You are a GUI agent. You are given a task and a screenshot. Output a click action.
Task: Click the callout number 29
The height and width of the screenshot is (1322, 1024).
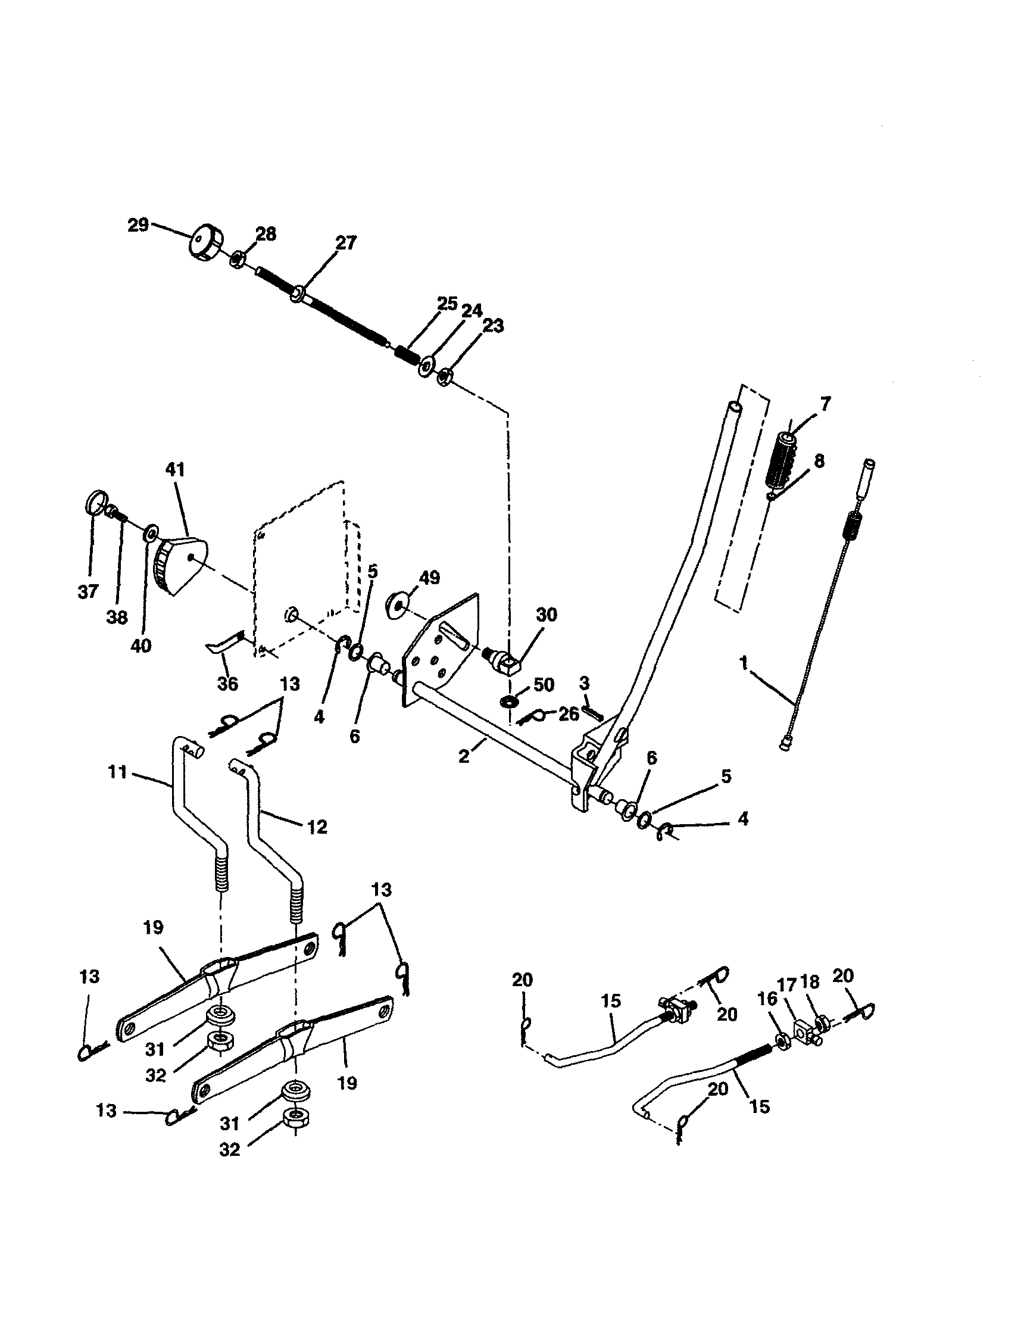click(x=138, y=225)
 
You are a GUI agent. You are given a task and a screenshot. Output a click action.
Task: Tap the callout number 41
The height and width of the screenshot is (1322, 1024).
click(x=175, y=469)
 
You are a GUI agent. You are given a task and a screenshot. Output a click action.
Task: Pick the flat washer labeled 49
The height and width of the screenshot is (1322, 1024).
click(x=398, y=606)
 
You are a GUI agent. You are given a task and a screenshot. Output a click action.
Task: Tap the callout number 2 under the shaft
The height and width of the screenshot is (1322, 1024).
click(x=464, y=756)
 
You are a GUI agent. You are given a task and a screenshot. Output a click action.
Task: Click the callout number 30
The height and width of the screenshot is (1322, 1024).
click(x=547, y=615)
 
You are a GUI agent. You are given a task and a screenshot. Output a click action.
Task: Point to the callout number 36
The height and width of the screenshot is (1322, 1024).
click(x=227, y=684)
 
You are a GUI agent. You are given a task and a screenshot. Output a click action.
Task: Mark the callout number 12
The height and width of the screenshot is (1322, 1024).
click(x=317, y=827)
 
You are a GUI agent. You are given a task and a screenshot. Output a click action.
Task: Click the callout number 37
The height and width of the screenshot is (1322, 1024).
click(x=88, y=591)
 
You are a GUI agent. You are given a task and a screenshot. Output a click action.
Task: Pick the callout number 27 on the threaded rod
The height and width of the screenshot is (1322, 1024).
click(x=346, y=243)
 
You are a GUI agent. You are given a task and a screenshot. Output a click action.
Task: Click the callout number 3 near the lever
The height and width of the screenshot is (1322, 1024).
click(x=584, y=684)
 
